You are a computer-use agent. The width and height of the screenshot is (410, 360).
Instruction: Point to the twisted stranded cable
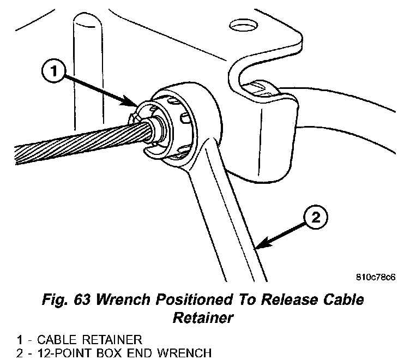[x=65, y=146]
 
